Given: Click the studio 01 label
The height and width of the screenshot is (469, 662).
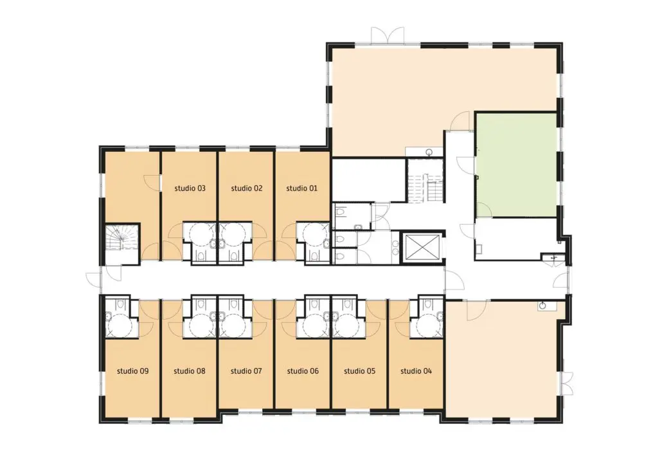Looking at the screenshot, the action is click(301, 188).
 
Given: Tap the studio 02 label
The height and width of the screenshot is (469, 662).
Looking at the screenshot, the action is click(247, 188).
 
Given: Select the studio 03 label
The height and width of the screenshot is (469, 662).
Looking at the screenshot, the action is click(190, 188).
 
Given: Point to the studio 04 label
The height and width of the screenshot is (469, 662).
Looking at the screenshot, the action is click(416, 371).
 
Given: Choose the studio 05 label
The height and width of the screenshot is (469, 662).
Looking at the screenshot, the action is click(359, 371).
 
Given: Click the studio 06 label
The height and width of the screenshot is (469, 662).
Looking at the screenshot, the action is click(303, 371).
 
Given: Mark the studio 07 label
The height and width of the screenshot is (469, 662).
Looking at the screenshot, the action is click(246, 371).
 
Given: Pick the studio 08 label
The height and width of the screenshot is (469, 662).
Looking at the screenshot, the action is click(190, 371).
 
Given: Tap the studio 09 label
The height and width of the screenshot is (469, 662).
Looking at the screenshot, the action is click(132, 371).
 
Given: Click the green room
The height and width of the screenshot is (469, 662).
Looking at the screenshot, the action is click(516, 165).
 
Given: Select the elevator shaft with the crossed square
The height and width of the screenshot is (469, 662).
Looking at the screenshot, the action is click(423, 246).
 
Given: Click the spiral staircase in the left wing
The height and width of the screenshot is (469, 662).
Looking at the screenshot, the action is click(121, 238).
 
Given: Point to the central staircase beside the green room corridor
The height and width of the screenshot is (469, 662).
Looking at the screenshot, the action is click(425, 180).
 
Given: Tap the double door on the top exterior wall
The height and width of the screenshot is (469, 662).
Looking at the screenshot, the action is click(388, 35).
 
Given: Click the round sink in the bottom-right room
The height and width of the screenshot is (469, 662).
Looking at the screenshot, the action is click(542, 306).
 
